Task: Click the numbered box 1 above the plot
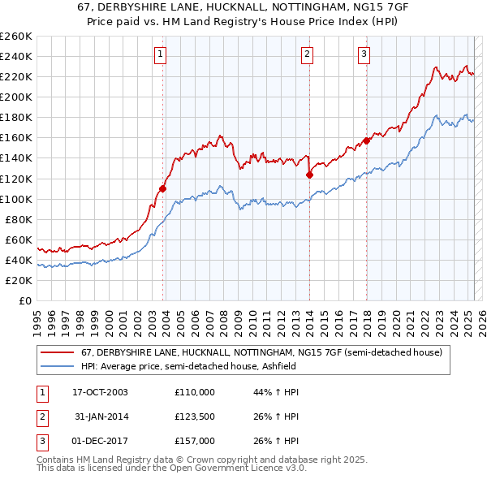160,54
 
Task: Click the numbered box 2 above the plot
308,54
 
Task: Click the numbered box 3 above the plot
364,54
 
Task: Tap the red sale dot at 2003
162,188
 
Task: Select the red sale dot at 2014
309,175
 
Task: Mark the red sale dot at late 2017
366,140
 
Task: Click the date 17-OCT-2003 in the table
99,393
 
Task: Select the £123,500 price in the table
194,416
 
